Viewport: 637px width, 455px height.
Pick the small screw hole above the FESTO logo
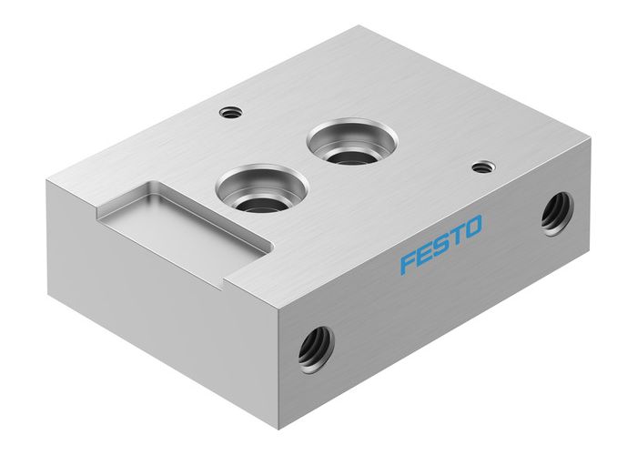tap(482, 167)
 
